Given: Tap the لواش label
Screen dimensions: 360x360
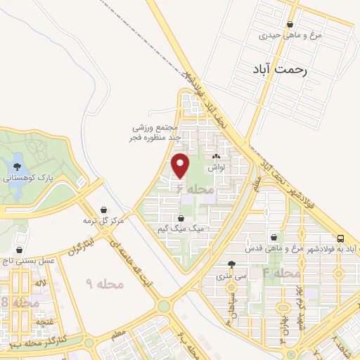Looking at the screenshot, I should point(216,169).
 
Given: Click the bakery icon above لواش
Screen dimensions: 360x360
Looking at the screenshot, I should point(216,157).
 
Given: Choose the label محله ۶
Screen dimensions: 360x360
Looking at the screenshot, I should point(188,191).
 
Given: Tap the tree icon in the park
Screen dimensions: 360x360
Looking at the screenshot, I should point(17,166).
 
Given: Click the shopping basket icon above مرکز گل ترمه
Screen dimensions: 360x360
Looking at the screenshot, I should point(104,210).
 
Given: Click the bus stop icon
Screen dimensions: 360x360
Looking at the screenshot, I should point(340,238).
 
